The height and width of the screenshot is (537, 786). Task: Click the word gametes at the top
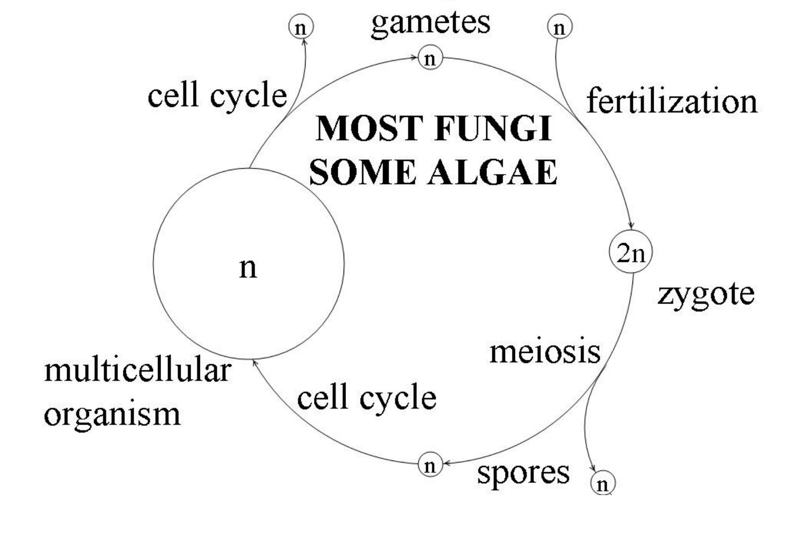431,22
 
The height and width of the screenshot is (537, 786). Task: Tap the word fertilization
671,101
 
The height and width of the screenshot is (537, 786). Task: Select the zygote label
706,295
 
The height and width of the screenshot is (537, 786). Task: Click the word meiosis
545,352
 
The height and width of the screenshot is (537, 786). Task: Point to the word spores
523,472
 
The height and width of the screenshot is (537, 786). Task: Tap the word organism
112,414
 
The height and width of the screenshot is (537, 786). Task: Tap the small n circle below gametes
430,58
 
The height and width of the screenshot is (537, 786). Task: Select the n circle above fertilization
559,27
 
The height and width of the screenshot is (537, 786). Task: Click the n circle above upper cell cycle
301,28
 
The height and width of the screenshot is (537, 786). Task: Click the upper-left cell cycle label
217,95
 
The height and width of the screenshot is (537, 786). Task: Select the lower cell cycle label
366,398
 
